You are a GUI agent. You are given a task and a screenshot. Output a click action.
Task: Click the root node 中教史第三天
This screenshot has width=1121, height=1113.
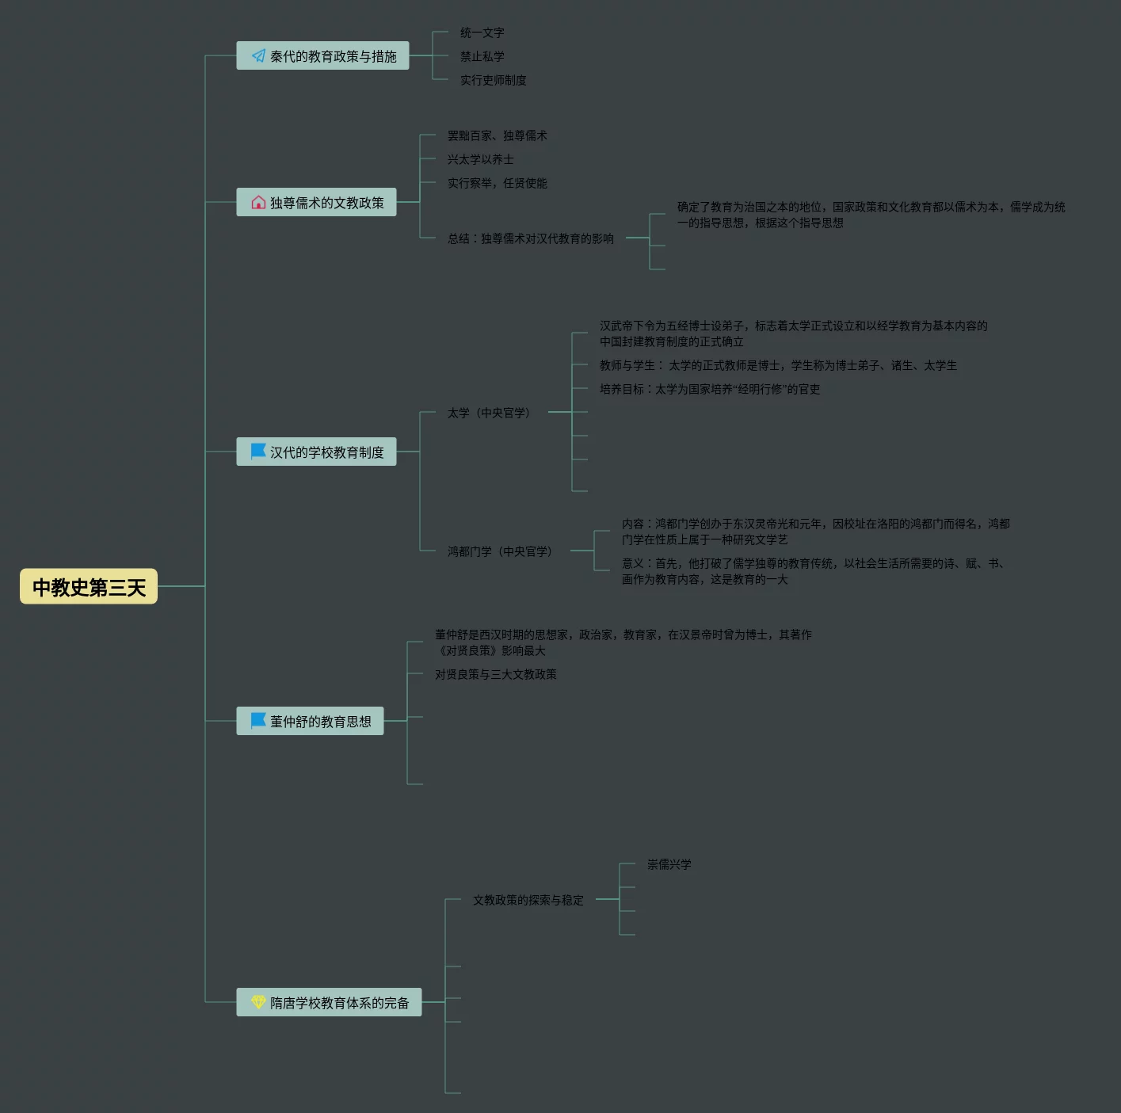(x=89, y=586)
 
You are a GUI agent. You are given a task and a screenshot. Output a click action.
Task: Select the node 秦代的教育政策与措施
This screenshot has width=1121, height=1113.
(x=322, y=56)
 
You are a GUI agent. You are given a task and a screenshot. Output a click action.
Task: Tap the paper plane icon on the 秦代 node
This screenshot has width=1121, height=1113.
(x=258, y=56)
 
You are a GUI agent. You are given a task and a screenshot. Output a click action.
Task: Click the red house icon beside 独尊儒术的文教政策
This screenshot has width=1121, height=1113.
(x=258, y=203)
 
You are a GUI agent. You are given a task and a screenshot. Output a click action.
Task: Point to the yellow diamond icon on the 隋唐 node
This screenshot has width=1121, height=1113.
(x=258, y=1002)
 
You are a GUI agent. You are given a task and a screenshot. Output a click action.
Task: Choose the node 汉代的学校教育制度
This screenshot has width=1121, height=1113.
(x=316, y=452)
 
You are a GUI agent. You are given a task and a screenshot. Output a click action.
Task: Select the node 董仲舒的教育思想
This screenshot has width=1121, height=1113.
(x=310, y=721)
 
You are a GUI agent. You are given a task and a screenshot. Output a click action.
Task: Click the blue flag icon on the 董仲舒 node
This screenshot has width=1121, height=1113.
(x=258, y=720)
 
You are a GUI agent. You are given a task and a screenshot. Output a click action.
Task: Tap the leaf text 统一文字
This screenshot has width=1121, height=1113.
(x=482, y=32)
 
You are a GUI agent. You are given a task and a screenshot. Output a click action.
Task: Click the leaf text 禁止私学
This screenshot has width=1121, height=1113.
(x=482, y=56)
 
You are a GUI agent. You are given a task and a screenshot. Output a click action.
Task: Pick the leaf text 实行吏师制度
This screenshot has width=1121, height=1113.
(x=494, y=80)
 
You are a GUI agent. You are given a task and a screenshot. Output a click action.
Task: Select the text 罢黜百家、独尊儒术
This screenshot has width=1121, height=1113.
(x=498, y=135)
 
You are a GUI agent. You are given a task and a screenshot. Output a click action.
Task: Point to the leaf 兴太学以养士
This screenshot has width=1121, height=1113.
(x=481, y=159)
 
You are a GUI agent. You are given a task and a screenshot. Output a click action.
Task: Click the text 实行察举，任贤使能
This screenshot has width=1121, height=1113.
(x=498, y=183)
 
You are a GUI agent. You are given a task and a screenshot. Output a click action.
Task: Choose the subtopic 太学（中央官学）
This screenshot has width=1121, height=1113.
(x=489, y=413)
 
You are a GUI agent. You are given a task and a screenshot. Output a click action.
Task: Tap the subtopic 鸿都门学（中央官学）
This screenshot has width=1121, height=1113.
(x=500, y=551)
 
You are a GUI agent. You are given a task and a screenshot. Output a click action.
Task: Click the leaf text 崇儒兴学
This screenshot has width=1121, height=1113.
(x=669, y=864)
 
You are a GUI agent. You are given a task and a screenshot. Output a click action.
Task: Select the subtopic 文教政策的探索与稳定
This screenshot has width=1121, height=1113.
(x=528, y=900)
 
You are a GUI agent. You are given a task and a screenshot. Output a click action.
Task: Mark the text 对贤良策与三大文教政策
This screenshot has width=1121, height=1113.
(x=496, y=674)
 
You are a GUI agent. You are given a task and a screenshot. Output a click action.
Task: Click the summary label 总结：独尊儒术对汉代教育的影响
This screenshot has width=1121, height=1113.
(x=531, y=238)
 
